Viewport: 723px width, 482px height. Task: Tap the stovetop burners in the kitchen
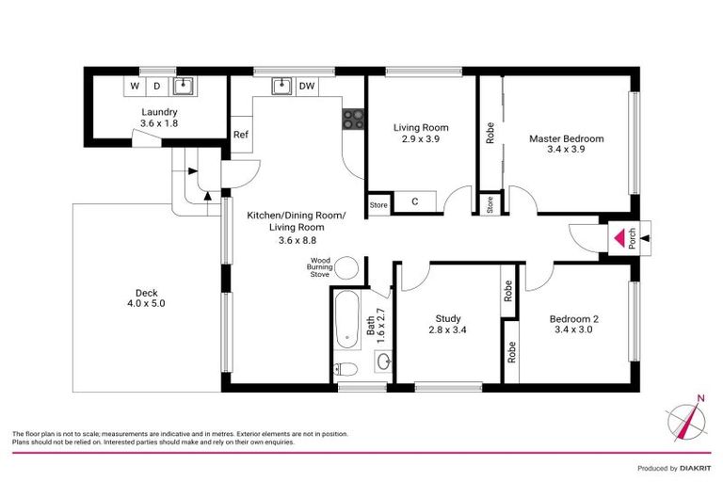point(354,119)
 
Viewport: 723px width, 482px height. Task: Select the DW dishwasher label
point(306,87)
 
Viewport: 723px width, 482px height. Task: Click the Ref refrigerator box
point(241,135)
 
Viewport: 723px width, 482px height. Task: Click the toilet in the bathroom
point(345,369)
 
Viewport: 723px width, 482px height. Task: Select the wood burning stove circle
point(347,267)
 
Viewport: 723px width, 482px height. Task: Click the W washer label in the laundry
point(135,87)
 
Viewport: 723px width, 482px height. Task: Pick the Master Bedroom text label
point(566,138)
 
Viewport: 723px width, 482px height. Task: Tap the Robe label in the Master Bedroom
point(490,133)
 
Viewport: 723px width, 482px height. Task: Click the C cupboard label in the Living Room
point(415,202)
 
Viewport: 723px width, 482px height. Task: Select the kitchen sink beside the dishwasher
point(280,87)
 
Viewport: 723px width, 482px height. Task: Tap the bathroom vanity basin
point(384,360)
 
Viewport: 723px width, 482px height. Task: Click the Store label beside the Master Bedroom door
point(490,204)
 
